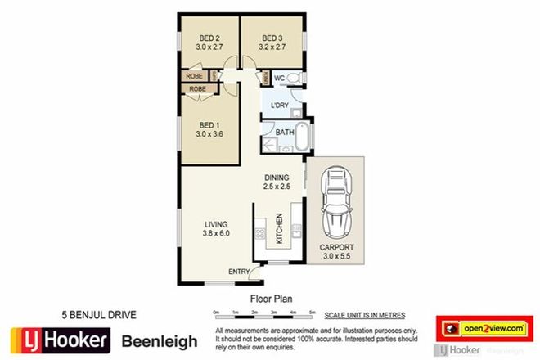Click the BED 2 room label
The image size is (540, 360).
208,37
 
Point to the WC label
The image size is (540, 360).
279,79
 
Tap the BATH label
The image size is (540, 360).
285,133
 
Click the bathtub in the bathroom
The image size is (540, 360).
303,138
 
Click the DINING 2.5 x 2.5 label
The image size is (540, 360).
278,182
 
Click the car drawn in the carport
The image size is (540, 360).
335,201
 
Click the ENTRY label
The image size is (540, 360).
239,272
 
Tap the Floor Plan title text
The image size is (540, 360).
269,300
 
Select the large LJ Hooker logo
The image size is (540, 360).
57,340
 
